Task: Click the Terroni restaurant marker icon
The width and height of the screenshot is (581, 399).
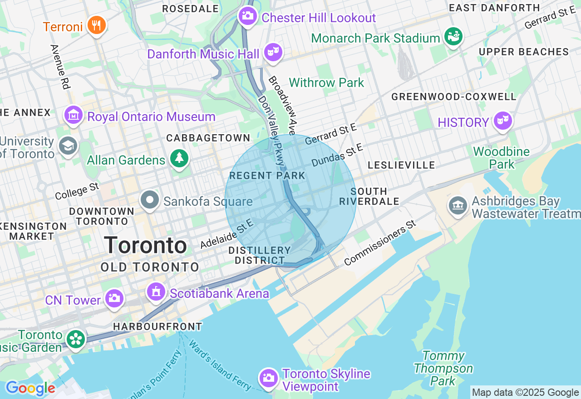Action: tap(96, 25)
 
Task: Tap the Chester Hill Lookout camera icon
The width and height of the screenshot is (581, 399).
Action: tap(247, 16)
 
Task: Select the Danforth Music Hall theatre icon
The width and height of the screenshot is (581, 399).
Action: tap(273, 52)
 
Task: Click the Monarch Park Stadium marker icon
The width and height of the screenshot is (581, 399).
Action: tap(453, 36)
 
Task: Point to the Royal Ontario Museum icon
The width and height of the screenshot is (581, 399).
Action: tap(73, 116)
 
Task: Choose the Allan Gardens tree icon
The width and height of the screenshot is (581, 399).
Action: tap(179, 158)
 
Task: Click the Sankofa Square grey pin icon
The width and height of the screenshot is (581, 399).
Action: tap(149, 200)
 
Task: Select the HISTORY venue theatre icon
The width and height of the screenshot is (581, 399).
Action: tap(502, 121)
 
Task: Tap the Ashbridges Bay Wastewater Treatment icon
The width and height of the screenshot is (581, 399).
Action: tap(458, 205)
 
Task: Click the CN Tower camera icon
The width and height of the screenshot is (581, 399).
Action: tap(114, 298)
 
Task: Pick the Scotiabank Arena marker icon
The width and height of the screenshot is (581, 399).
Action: tap(156, 292)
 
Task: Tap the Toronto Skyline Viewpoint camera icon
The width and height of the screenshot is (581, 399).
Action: tap(268, 378)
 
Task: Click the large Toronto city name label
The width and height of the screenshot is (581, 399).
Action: tap(145, 245)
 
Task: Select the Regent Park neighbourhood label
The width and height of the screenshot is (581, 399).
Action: tap(261, 175)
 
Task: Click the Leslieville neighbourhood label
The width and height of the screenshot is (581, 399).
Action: tap(401, 165)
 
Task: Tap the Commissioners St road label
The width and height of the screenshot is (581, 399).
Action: tap(380, 243)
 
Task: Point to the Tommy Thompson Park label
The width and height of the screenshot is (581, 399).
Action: tap(443, 368)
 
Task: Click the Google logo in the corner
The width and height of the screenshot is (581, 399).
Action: tap(30, 388)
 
